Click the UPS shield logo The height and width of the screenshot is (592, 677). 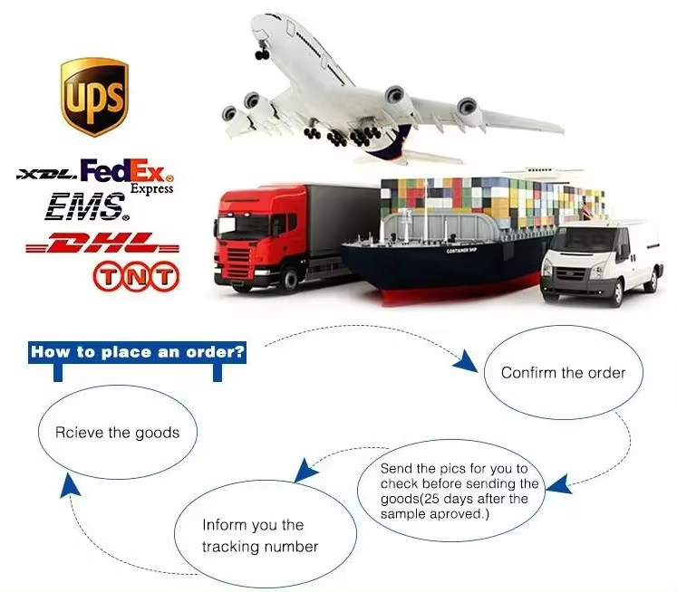pos(94,98)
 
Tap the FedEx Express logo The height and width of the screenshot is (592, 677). pos(128,176)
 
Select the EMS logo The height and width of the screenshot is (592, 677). pos(87,207)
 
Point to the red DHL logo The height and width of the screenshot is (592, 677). pos(102,243)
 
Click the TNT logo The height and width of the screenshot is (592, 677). pos(136,276)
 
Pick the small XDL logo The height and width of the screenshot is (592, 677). pos(47,174)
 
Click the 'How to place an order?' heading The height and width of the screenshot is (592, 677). pos(137,352)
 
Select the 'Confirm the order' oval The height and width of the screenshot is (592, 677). pos(563,372)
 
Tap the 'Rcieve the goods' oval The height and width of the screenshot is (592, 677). pos(118,432)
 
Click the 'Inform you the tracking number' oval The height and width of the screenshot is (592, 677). pos(266,535)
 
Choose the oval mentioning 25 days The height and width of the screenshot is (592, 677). pos(451,491)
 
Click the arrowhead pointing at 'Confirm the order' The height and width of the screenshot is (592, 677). pos(466,361)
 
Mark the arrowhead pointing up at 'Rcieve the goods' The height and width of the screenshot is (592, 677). pos(71,484)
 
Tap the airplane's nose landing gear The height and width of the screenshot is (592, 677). pos(262,51)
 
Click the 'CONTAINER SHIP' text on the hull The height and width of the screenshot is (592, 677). pos(461,251)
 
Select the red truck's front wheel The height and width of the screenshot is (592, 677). pos(289,280)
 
